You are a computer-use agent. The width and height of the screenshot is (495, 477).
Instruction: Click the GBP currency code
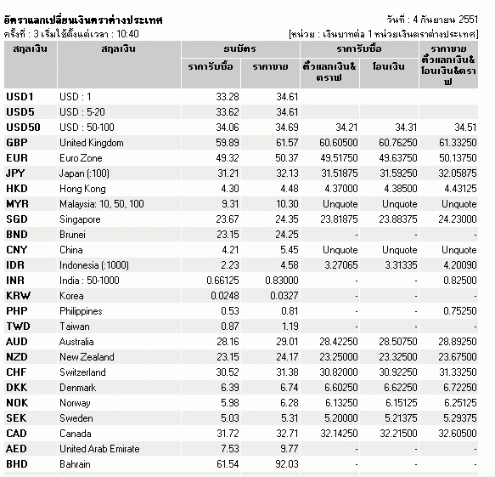pos(17,143)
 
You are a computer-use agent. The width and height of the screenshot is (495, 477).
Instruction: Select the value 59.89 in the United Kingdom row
pos(228,143)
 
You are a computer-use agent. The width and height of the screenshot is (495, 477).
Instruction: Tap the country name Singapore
pos(80,219)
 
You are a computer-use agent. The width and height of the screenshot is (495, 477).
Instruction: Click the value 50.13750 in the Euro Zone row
pos(458,158)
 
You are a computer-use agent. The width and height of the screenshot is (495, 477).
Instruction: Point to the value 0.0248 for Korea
pos(225,296)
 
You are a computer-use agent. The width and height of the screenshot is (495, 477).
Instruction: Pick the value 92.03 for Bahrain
pos(287,463)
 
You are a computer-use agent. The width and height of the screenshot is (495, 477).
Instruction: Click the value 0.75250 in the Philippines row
pos(459,310)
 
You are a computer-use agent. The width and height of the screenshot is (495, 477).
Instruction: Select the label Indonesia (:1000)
pos(94,265)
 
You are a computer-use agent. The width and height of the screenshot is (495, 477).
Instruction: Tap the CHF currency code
pos(16,372)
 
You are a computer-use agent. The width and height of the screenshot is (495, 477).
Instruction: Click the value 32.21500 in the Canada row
pos(398,433)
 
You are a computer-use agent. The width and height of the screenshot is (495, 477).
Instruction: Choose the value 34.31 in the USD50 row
pos(406,127)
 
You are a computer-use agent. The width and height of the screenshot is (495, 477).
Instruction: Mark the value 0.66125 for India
pos(222,280)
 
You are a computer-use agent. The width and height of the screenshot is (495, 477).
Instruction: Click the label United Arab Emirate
pos(99,449)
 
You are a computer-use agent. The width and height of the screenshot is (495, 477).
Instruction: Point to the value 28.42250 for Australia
pos(339,342)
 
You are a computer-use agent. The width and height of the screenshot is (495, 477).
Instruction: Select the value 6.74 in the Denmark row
pos(290,387)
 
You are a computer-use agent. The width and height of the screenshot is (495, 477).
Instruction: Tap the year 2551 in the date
pos(468,20)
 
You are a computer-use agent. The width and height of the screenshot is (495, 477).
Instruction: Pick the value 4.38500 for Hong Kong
pos(401,189)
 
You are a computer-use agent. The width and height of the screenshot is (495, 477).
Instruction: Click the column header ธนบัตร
pos(240,48)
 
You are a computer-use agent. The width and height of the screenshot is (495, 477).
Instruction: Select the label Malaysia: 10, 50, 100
pos(102,204)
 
